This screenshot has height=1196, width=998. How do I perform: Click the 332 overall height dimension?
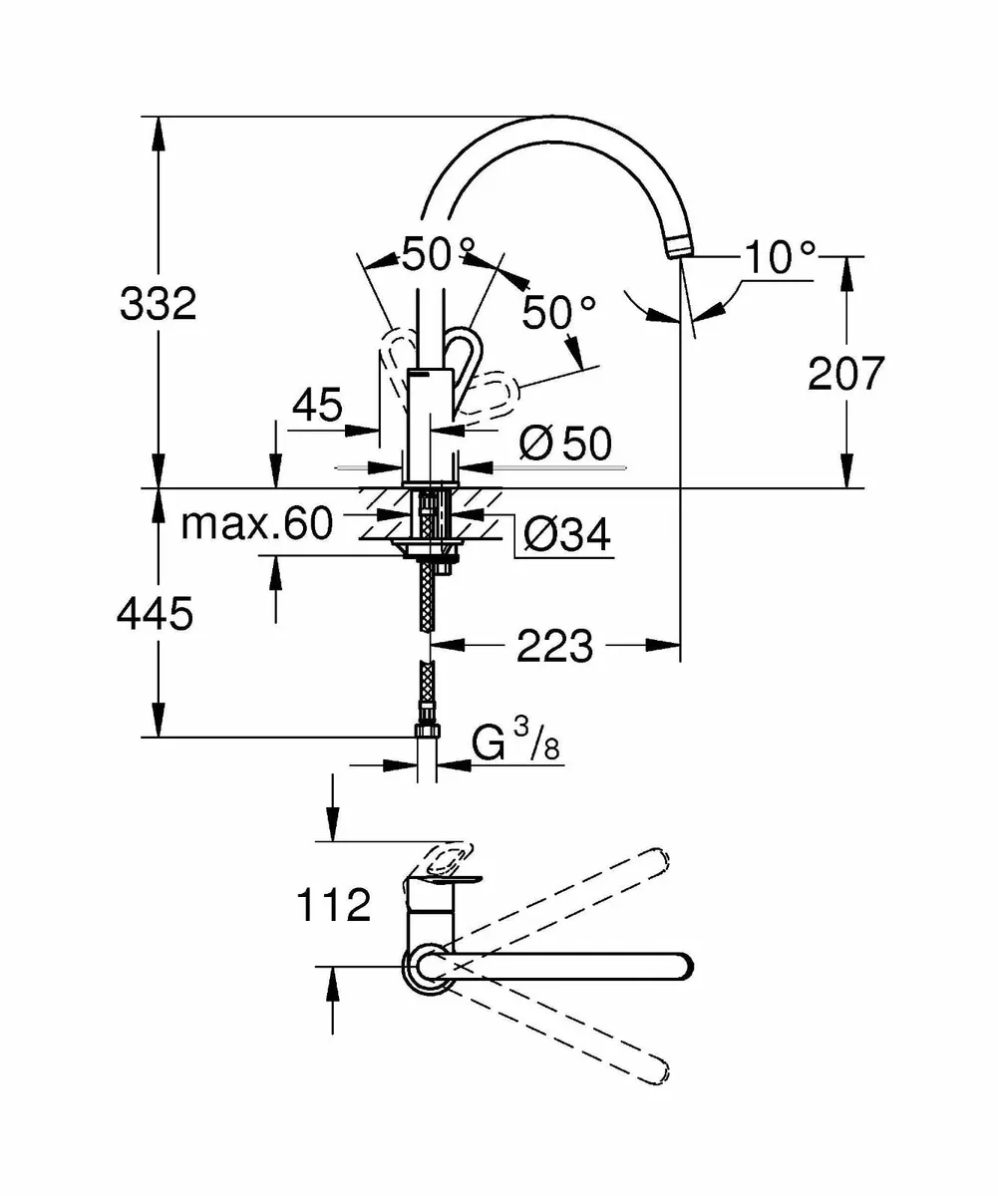coord(158,303)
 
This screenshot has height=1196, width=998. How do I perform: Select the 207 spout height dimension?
coord(845,373)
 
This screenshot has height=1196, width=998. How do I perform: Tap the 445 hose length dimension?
coord(154,616)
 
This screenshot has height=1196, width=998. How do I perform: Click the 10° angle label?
coord(779,258)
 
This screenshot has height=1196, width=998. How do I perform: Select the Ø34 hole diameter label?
coord(567,536)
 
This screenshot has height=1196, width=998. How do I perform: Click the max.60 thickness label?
coord(256,523)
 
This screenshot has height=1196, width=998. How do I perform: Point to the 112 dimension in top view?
coord(333,906)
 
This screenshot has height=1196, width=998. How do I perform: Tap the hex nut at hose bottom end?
coord(427,732)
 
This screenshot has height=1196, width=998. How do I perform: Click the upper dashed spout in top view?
coord(558,897)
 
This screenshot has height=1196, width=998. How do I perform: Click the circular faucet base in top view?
coord(427,968)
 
